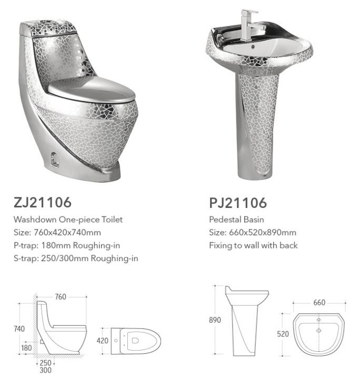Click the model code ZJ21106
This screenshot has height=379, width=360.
[43, 202]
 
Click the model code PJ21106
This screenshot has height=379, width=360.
[238, 203]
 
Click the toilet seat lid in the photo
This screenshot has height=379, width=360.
[92, 91]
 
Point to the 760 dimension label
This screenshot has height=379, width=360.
[61, 296]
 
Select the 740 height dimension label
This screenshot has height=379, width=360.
[19, 328]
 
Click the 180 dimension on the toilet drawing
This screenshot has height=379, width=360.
[26, 348]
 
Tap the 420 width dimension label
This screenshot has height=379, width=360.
[103, 341]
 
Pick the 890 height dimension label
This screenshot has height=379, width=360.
[215, 320]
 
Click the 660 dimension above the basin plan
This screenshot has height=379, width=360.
[319, 303]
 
